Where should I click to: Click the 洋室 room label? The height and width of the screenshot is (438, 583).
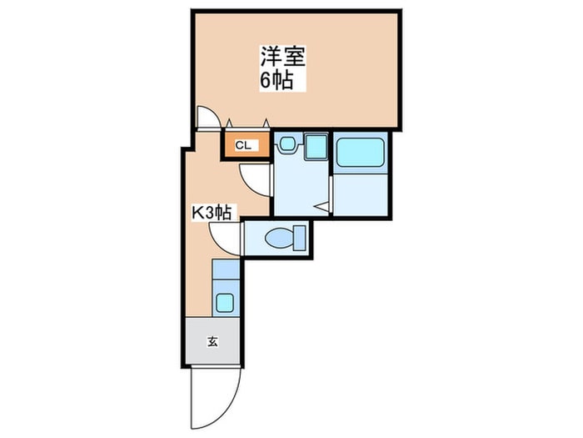pyautogui.click(x=282, y=57)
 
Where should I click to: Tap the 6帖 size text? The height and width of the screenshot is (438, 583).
pyautogui.click(x=277, y=80)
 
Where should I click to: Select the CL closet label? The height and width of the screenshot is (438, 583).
pyautogui.click(x=243, y=146)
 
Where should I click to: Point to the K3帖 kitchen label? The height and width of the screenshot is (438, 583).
pyautogui.click(x=212, y=214)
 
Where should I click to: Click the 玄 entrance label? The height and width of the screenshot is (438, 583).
pyautogui.click(x=212, y=341)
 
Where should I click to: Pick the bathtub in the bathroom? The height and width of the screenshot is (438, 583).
pyautogui.click(x=361, y=152)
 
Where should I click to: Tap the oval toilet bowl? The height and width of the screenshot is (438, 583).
pyautogui.click(x=279, y=237)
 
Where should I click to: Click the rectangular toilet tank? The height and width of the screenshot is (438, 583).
pyautogui.click(x=299, y=238)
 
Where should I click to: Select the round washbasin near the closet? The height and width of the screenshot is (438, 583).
pyautogui.click(x=287, y=143)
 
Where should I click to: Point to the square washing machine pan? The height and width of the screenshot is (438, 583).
pyautogui.click(x=316, y=147)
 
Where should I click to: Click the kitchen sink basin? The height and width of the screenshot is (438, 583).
pyautogui.click(x=225, y=303)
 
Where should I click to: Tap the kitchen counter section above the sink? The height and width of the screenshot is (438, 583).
pyautogui.click(x=226, y=269)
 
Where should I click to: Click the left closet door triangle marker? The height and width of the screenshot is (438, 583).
pyautogui.click(x=229, y=123)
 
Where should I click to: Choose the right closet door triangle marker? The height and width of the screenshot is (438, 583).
pyautogui.click(x=266, y=123)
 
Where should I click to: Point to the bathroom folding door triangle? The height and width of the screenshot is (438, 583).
pyautogui.click(x=322, y=208)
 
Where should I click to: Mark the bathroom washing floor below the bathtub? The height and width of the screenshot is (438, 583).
pyautogui.click(x=361, y=194)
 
